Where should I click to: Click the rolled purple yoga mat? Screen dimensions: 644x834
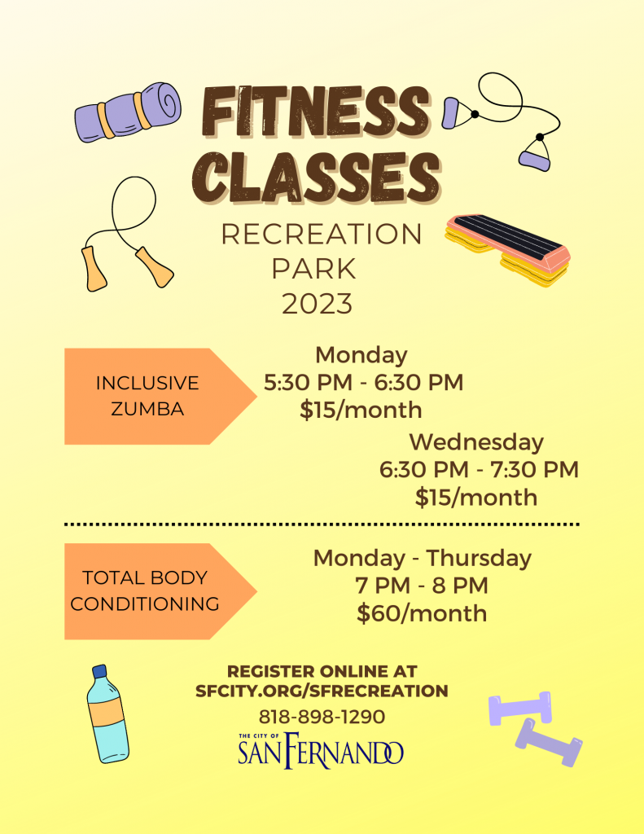pyautogui.click(x=128, y=112)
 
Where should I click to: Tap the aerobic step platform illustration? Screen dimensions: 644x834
pyautogui.click(x=507, y=249)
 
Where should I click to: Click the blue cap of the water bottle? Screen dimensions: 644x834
pyautogui.click(x=99, y=671)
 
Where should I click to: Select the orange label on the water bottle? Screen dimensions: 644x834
pyautogui.click(x=107, y=711)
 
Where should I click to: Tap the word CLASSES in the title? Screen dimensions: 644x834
pyautogui.click(x=317, y=177)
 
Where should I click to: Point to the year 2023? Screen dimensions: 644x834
pyautogui.click(x=317, y=304)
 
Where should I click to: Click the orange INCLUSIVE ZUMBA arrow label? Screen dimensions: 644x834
pyautogui.click(x=160, y=397)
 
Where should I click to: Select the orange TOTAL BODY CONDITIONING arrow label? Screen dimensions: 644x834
pyautogui.click(x=160, y=591)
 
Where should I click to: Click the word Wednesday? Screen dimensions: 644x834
pyautogui.click(x=476, y=442)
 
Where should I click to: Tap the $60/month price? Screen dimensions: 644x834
pyautogui.click(x=422, y=613)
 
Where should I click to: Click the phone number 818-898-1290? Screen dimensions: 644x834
pyautogui.click(x=322, y=717)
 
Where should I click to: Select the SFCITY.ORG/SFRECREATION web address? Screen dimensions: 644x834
pyautogui.click(x=322, y=691)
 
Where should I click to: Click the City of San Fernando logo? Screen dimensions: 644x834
pyautogui.click(x=321, y=750)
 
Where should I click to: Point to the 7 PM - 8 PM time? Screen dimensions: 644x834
pyautogui.click(x=422, y=586)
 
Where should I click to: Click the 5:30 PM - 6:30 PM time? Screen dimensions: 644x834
pyautogui.click(x=364, y=383)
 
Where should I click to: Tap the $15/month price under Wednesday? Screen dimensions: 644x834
pyautogui.click(x=476, y=498)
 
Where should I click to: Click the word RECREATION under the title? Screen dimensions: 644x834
pyautogui.click(x=322, y=234)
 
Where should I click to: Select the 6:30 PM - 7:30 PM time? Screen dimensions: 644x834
pyautogui.click(x=479, y=470)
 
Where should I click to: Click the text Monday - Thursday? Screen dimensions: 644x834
pyautogui.click(x=423, y=558)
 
